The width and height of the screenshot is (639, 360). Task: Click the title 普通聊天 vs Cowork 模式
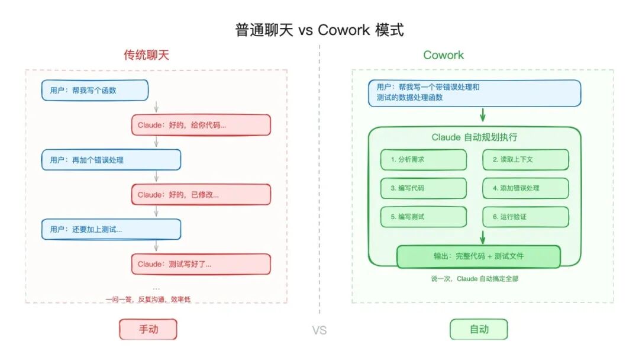point(319,30)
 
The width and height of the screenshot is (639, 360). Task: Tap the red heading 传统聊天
point(146,55)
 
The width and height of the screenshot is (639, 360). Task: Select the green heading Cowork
point(443,55)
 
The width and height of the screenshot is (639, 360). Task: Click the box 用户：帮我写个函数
point(95,90)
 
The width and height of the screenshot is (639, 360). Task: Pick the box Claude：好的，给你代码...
point(201,125)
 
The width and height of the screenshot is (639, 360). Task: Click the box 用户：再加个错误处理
point(111,160)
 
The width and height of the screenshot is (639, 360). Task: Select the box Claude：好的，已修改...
point(201,195)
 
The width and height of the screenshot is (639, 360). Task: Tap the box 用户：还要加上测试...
point(111,229)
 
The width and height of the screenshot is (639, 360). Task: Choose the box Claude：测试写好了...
point(201,264)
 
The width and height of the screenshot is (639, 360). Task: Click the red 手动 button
point(149,329)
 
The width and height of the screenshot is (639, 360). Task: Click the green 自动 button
point(479,329)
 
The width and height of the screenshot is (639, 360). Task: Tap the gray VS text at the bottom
point(319,330)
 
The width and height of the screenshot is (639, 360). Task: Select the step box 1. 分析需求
point(424,160)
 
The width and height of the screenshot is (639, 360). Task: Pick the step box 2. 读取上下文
point(525,160)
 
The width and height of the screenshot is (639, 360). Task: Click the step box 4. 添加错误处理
point(525,188)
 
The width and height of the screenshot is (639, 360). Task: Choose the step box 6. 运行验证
point(525,217)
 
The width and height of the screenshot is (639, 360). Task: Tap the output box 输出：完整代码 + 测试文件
point(478,256)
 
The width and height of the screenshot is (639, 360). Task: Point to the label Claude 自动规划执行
point(475,137)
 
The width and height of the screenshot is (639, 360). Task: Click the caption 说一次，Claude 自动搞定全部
point(475,278)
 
